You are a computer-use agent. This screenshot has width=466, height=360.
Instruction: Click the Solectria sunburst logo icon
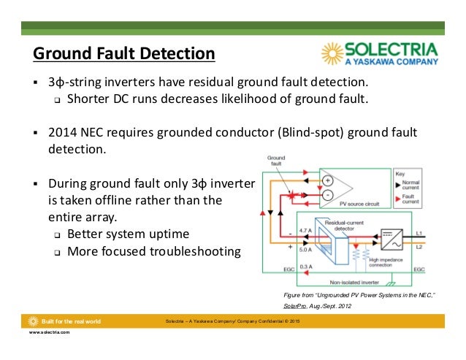pos(334,55)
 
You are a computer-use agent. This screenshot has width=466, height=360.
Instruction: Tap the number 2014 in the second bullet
pos(63,133)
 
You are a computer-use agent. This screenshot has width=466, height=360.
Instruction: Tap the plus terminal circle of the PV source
pos(327,180)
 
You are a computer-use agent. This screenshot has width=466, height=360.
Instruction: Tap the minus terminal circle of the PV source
pos(327,196)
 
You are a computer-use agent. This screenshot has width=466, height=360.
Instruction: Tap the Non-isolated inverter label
pos(354,280)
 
